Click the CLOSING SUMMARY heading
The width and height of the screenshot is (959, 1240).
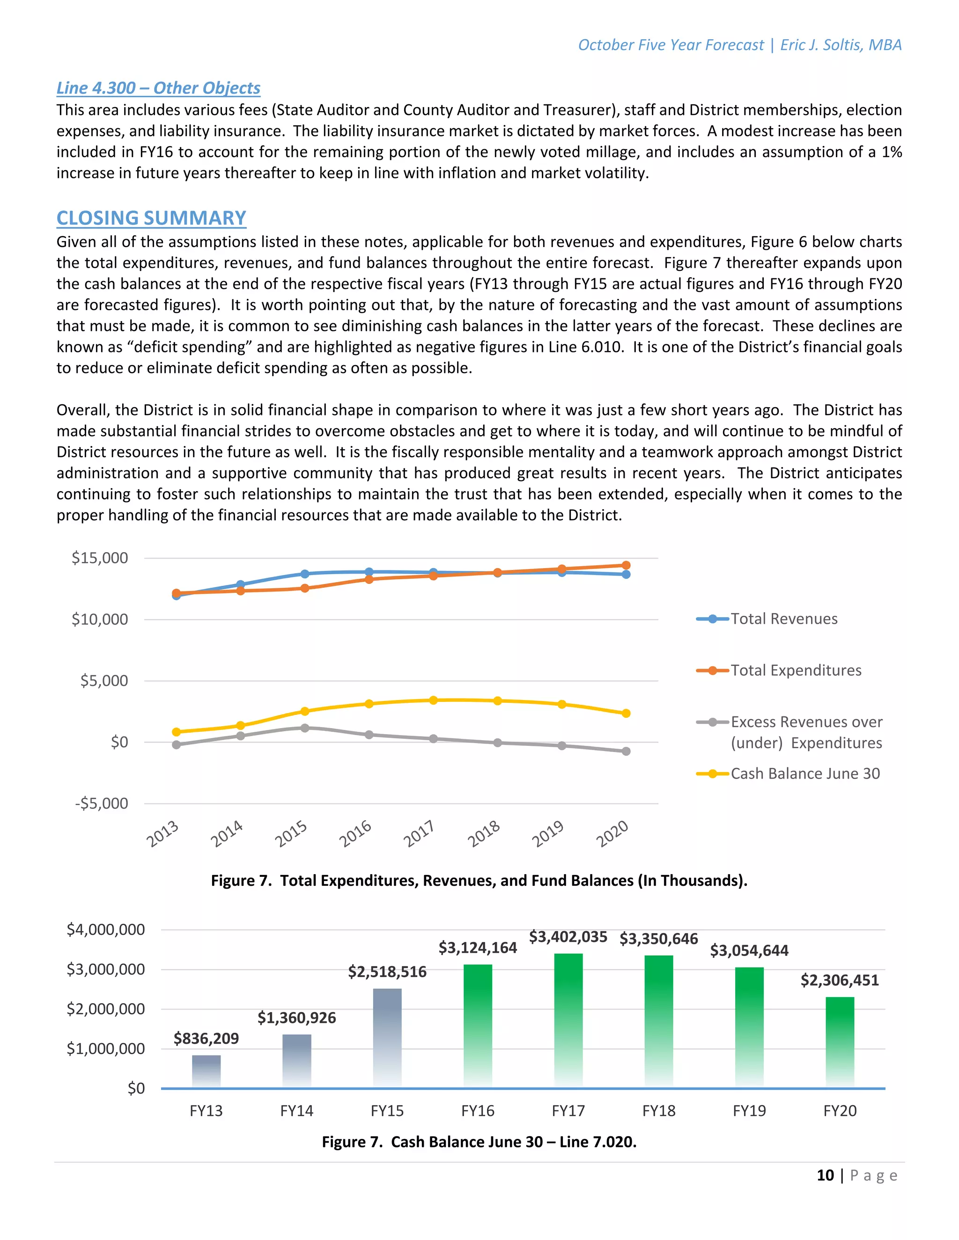[x=151, y=218]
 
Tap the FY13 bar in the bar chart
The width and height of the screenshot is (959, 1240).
[x=206, y=1072]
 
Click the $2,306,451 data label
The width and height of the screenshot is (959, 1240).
[x=839, y=980]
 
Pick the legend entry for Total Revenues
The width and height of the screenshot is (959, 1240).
[x=783, y=619]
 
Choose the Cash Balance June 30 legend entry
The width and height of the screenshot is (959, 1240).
[x=804, y=773]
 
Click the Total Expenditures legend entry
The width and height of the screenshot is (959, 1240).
[x=796, y=671]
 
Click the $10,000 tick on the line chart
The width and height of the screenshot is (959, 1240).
[x=100, y=620]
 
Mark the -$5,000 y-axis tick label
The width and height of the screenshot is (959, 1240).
[x=102, y=803]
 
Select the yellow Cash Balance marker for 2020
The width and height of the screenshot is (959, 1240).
[x=626, y=713]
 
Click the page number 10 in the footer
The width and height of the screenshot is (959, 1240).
[x=825, y=1175]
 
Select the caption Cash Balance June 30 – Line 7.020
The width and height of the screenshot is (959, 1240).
[x=479, y=1142]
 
